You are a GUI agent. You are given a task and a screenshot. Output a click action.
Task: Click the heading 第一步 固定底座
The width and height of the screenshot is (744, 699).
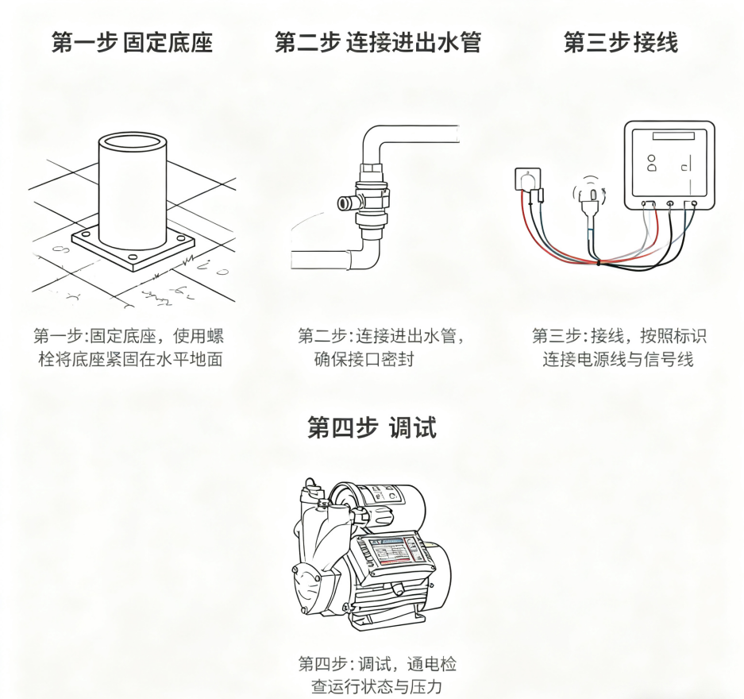tap(132, 42)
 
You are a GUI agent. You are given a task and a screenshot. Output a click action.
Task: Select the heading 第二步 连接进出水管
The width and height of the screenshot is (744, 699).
tap(378, 42)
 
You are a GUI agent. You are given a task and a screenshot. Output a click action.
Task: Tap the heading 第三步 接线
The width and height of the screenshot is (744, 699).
tap(620, 42)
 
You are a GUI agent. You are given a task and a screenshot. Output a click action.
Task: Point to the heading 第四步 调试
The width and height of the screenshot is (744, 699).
tap(372, 428)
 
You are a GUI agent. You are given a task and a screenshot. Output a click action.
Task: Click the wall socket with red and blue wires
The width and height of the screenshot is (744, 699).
tap(526, 179)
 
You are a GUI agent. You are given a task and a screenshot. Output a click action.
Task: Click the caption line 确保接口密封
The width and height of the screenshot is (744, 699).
tap(364, 360)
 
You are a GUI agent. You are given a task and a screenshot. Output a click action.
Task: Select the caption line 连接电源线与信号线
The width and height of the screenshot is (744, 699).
tap(619, 360)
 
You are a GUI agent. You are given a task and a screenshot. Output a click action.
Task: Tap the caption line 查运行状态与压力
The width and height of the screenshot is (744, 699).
tap(377, 685)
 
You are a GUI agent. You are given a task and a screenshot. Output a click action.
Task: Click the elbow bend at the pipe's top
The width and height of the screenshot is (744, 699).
tap(376, 139)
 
